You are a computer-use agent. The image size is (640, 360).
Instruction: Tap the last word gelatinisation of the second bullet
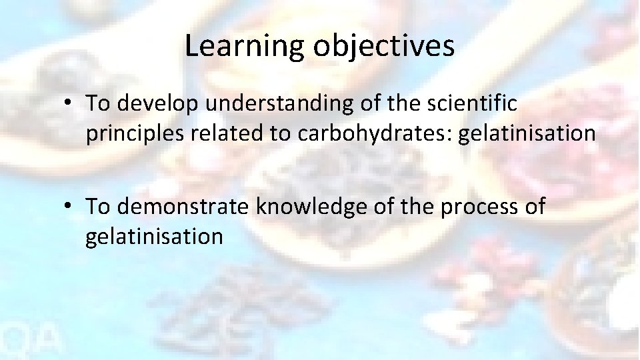[154, 237]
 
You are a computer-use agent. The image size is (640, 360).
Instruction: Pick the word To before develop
[98, 104]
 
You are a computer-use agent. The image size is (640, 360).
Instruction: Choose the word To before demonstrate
[98, 207]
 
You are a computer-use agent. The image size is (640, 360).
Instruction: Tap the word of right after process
[534, 207]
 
